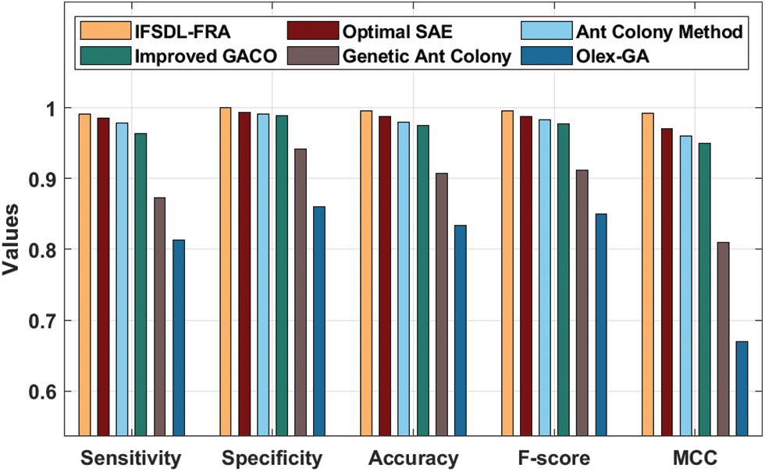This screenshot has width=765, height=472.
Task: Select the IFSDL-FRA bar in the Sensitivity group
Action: pos(84,274)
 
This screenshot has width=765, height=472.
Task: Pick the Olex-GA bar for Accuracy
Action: pos(461,328)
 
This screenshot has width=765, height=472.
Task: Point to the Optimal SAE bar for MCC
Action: pos(667,281)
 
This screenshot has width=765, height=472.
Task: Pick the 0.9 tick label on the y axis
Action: pos(45,179)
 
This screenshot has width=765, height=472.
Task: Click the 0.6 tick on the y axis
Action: pos(45,392)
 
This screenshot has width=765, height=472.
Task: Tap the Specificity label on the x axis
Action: pos(272,458)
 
